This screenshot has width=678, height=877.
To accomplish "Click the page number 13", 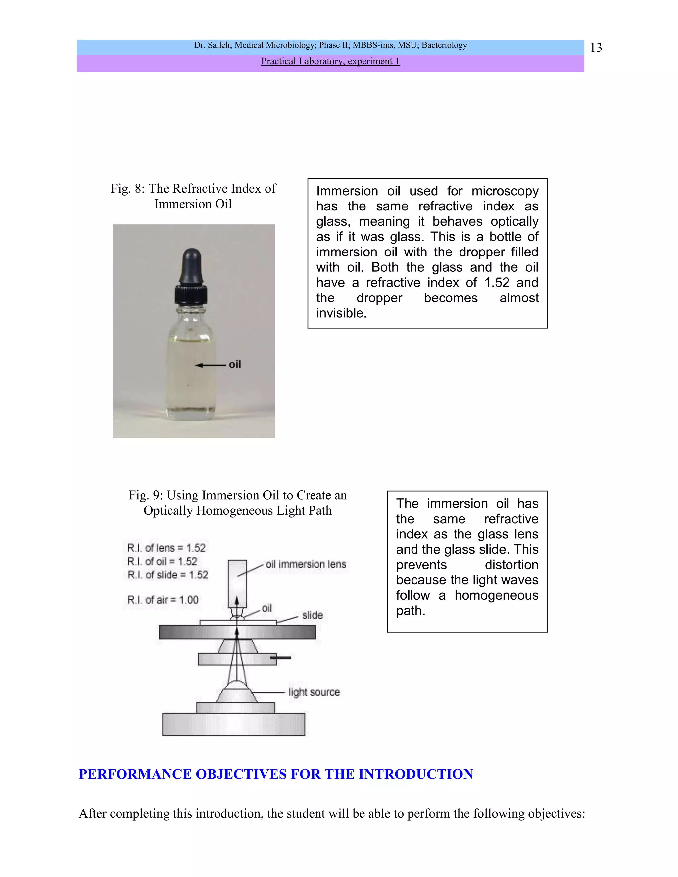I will tap(596, 48).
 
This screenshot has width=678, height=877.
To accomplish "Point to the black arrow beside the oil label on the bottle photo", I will tap(210, 365).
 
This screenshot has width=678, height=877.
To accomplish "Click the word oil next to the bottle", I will tap(235, 364).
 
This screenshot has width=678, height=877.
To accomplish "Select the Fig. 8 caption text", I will tap(193, 196).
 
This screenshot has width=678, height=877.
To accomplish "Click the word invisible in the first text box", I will tap(341, 313).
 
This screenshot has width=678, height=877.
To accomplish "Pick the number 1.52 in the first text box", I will tap(497, 283).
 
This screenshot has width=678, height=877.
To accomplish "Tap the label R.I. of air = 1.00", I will tap(163, 600).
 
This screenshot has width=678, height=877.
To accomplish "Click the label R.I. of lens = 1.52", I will tap(166, 548).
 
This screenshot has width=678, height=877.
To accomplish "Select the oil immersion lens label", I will tap(306, 564).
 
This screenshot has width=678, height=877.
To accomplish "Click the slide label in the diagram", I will tap(312, 615).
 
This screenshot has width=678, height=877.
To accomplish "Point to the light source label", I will tap(314, 692).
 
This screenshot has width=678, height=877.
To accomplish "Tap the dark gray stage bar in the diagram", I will tap(237, 632).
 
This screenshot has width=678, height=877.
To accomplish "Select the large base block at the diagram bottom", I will tap(233, 724).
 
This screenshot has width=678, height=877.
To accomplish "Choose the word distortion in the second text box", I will tap(511, 565).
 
